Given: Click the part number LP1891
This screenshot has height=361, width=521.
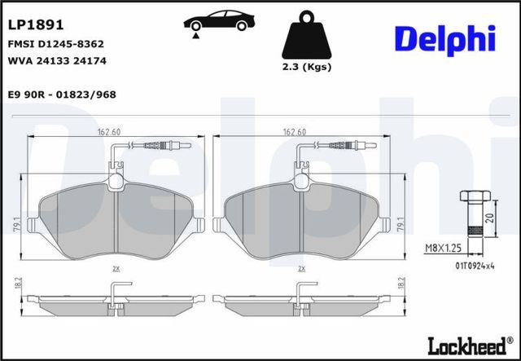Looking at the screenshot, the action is click(x=36, y=25).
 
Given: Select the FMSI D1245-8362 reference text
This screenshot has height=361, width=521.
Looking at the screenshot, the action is click(x=56, y=44).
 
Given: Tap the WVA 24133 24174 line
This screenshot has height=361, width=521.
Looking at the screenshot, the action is click(x=57, y=61).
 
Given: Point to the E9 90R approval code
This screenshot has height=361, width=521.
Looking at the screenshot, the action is click(x=62, y=95).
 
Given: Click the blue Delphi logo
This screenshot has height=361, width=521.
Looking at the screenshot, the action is click(x=445, y=40).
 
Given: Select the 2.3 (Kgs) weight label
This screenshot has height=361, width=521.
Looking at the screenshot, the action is click(x=307, y=67).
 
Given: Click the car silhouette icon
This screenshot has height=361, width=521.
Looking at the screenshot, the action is click(x=219, y=20).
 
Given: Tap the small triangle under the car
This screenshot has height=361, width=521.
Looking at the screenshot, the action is click(x=195, y=36).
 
